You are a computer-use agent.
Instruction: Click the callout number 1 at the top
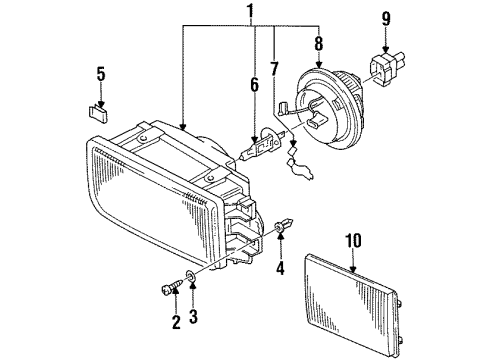250,11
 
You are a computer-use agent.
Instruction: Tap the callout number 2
176,322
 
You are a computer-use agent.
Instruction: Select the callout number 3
193,316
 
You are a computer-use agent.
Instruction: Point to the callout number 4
281,267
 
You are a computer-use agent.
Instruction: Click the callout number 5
101,74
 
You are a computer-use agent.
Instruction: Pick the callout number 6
254,85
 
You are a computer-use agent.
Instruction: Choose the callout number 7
274,69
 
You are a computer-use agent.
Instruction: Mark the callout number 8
319,43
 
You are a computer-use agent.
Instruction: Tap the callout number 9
386,18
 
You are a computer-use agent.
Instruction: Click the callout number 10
353,241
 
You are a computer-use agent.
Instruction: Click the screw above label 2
172,286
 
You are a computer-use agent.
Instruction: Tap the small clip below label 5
98,114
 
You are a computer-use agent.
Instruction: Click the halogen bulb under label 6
263,144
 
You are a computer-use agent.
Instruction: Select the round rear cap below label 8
329,107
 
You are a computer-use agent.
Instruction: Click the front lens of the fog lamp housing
152,201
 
